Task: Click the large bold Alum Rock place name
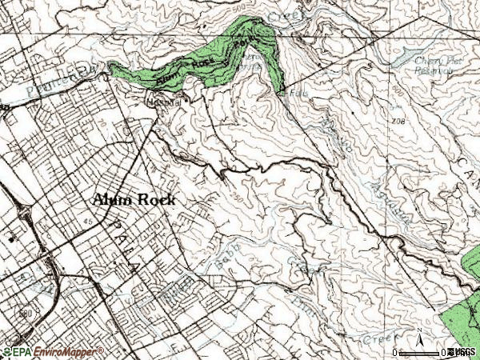pos(134,200)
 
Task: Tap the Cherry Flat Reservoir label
pos(439,64)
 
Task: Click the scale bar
pos(424,352)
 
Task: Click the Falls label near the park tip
pos(295,94)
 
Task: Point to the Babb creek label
pos(226,258)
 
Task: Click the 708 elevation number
pos(399,122)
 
